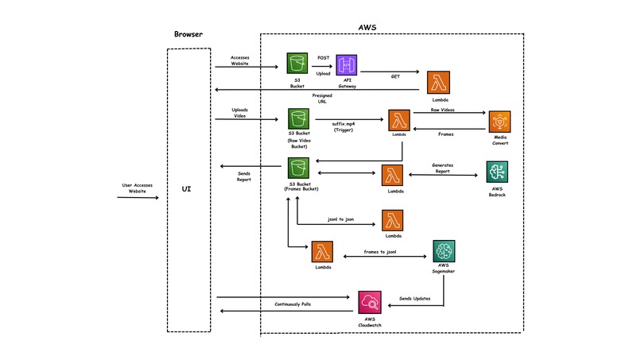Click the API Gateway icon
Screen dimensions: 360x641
pos(347,65)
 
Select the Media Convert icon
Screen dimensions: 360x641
pos(499,121)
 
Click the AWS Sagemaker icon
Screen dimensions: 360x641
pos(444,251)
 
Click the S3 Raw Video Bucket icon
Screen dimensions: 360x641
pos(298,121)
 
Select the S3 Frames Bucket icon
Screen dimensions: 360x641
pos(298,168)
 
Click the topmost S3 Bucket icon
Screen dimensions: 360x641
pos(298,64)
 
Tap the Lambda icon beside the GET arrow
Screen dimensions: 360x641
pos(438,83)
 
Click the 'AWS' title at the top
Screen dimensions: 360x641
pos(367,27)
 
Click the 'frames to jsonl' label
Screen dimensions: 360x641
pos(380,251)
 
